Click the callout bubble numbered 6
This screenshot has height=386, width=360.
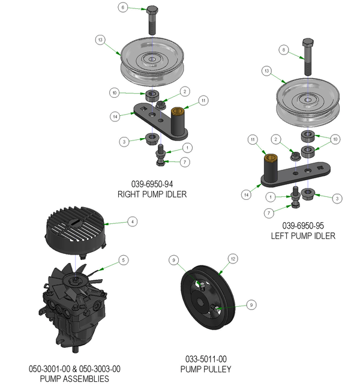124,8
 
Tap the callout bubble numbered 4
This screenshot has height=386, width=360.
132,222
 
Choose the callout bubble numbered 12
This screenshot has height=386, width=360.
233,259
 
